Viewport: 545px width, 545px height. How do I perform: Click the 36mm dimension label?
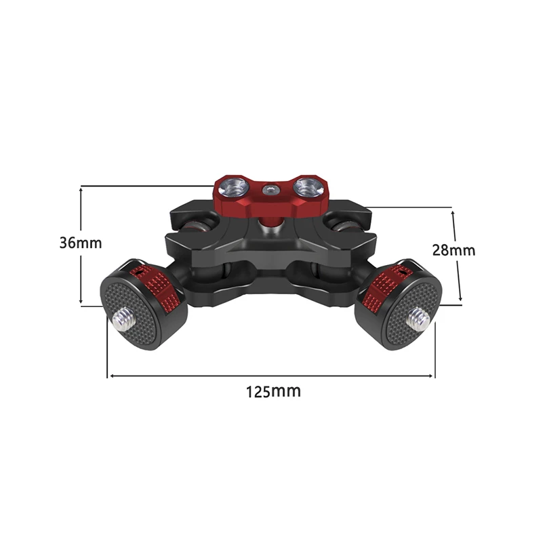81,243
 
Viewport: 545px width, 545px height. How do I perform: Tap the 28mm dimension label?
453,250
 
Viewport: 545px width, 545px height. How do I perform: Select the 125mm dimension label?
273,391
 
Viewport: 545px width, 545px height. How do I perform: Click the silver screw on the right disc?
420,319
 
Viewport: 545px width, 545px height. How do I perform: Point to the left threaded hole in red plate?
233,187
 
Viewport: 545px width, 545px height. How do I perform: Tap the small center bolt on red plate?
270,189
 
